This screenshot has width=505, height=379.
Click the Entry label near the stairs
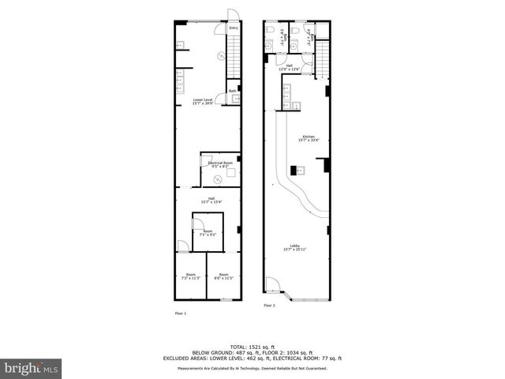(x=234, y=28)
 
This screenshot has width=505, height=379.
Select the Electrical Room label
(x=219, y=164)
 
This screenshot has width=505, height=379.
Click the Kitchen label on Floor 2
(x=306, y=139)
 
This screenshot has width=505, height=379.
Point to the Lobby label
(x=294, y=248)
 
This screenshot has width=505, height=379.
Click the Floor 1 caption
(x=181, y=313)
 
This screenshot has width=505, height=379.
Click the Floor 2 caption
(x=270, y=305)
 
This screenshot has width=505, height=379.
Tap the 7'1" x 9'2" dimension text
(x=208, y=235)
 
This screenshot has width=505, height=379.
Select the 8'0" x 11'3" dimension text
(x=223, y=278)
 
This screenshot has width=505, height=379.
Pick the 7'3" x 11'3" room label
(x=190, y=276)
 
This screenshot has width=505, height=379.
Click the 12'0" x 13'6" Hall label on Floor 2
(x=290, y=68)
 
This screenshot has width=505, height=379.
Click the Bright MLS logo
(x=32, y=369)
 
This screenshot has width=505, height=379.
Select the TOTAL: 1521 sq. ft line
(x=252, y=347)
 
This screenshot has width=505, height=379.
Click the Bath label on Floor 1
(x=233, y=91)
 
